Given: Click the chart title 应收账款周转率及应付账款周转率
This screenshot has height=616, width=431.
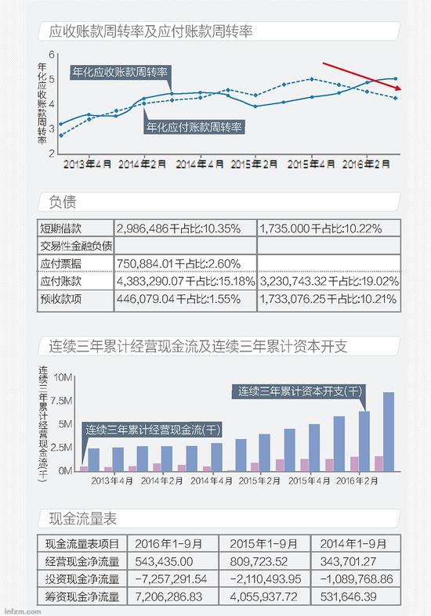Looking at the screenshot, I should click(150, 32).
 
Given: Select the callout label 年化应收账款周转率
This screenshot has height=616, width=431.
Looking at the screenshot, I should click(121, 73).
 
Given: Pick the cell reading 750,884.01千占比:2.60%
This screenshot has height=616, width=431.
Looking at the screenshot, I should click(179, 263).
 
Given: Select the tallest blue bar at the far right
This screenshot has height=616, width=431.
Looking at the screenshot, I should click(388, 431).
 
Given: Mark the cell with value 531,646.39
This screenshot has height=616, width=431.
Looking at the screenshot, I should click(353, 596).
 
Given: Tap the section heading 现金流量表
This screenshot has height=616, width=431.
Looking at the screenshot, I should click(83, 517).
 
